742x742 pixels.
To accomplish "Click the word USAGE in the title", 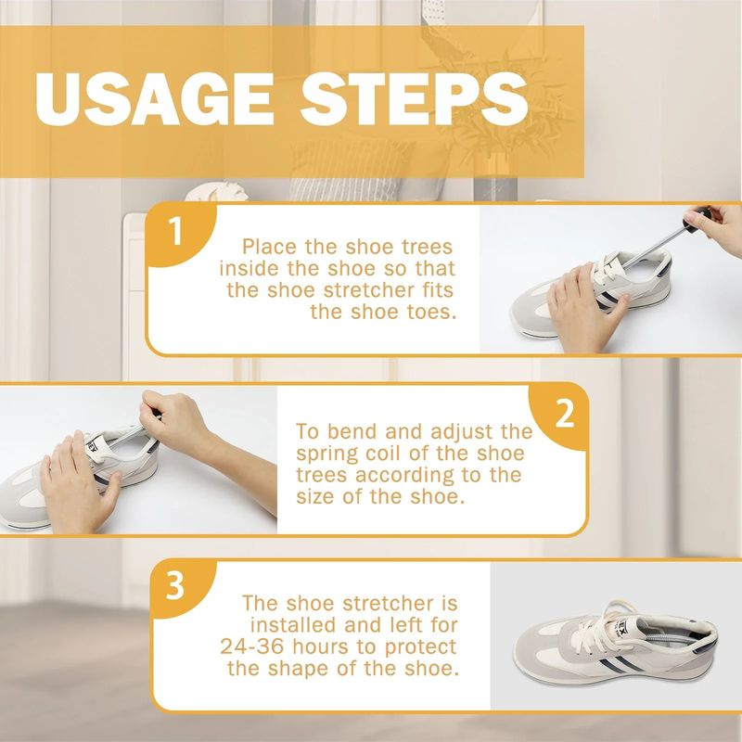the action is [153, 99].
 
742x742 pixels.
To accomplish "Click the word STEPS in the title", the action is [414, 99].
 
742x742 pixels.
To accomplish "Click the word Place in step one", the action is [270, 247].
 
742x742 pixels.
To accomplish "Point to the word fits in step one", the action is [438, 289].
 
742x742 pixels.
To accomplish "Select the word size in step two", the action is [315, 497].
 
